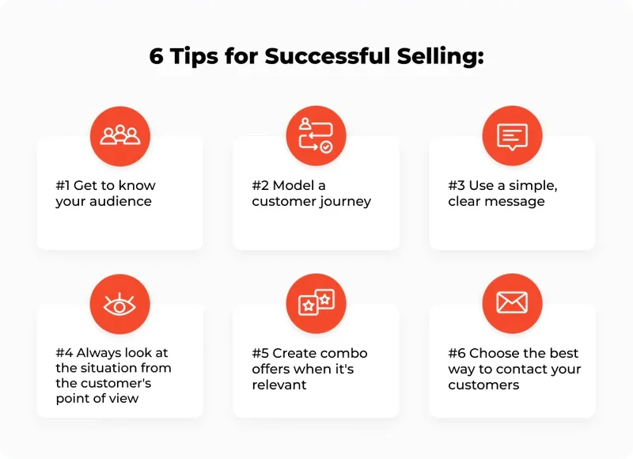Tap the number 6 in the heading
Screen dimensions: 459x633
tap(157, 58)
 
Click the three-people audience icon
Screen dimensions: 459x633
tap(120, 135)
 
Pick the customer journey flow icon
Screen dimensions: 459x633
tap(316, 135)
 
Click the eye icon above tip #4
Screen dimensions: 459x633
tap(120, 303)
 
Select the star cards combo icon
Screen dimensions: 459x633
tap(316, 303)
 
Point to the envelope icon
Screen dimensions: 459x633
tap(512, 303)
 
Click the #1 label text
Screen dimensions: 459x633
tap(63, 186)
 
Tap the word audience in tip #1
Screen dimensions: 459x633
tap(119, 202)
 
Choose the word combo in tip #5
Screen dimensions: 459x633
tap(344, 353)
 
